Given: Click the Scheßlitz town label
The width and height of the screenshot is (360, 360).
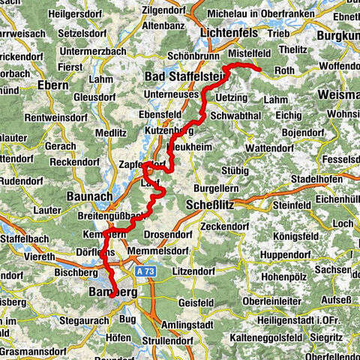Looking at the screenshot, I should tap(208, 203).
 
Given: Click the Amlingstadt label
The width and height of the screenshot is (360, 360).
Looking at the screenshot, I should tap(206, 323).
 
